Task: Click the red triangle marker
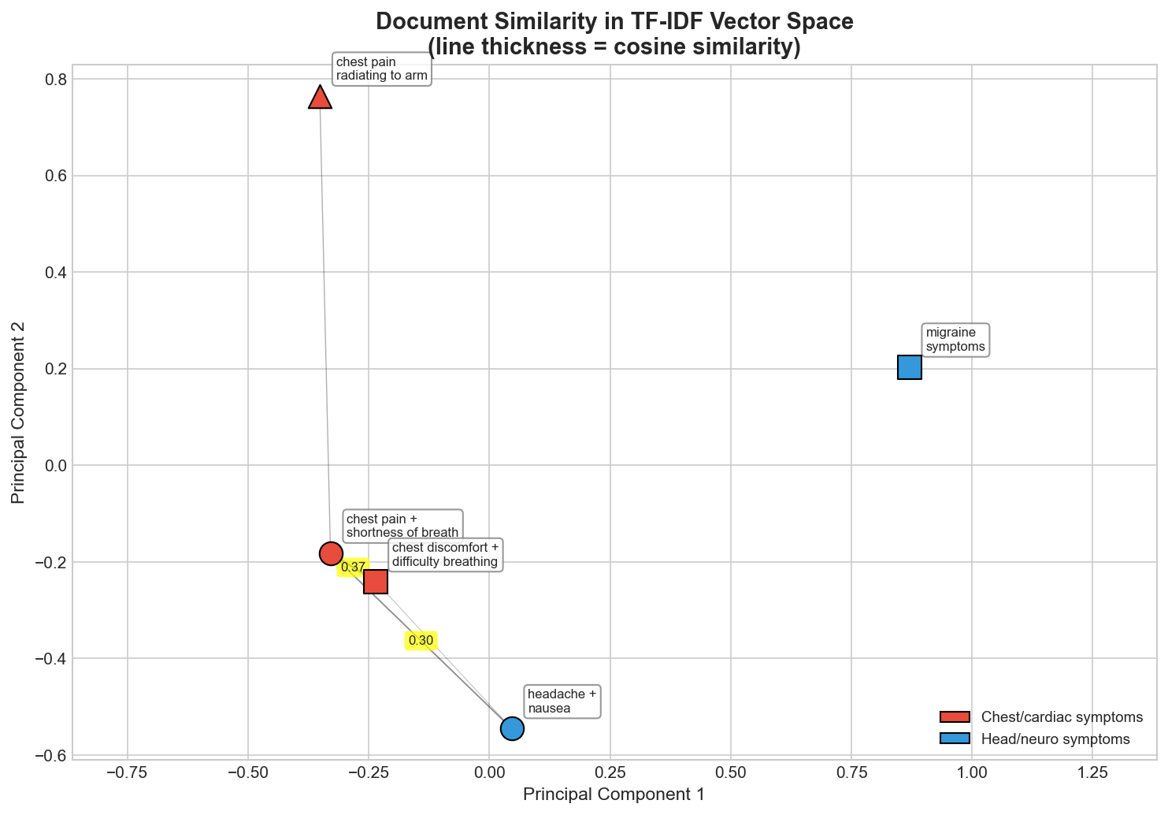(319, 98)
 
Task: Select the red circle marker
(331, 553)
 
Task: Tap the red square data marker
(376, 582)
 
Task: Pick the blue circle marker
(512, 728)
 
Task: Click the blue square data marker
(909, 367)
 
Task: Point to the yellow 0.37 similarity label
(353, 567)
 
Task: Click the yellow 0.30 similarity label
(421, 640)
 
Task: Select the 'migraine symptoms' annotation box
(955, 340)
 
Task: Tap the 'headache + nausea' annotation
(562, 701)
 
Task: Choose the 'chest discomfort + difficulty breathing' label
(445, 555)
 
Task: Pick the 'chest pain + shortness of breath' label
(402, 525)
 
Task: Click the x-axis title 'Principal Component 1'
(614, 794)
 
